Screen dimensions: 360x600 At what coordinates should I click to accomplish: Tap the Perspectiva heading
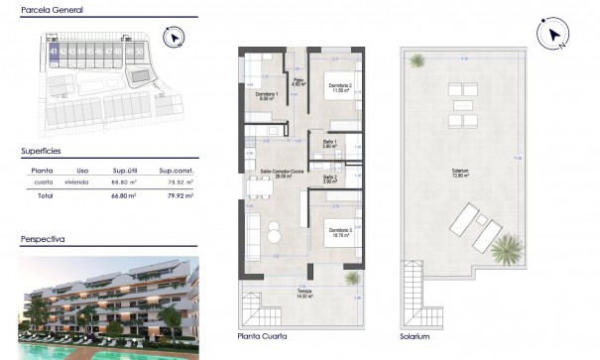[44, 240]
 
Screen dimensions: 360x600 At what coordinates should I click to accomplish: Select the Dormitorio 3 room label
[340, 230]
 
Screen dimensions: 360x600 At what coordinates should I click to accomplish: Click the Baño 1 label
[329, 143]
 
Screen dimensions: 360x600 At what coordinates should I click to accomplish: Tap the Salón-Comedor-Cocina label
[281, 173]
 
